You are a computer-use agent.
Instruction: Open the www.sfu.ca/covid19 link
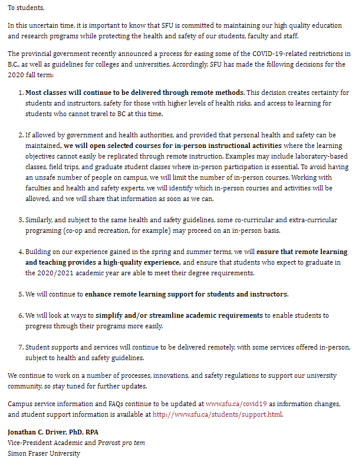236,404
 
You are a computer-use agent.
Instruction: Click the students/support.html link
218,414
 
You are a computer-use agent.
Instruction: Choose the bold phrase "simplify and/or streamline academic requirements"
179,315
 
